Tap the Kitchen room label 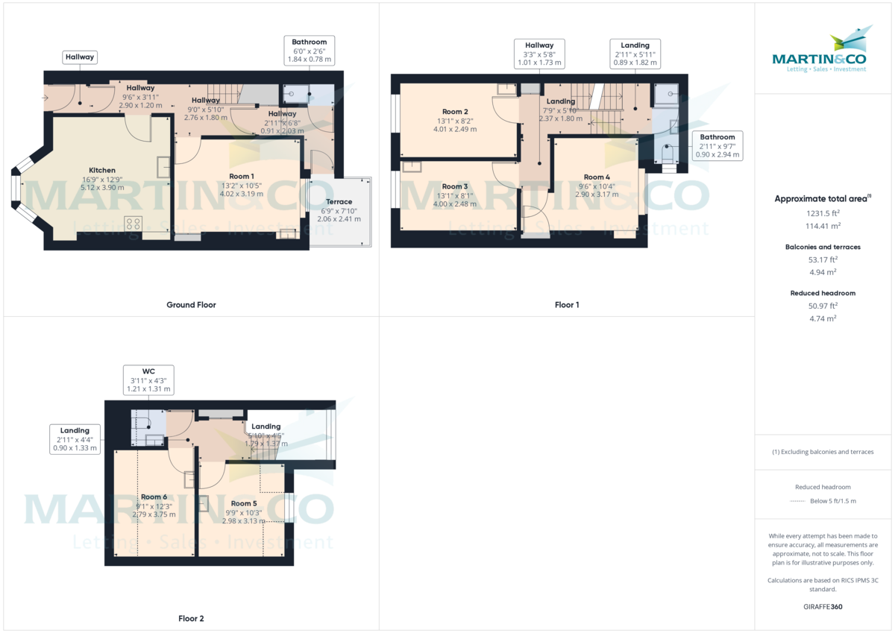[102, 170]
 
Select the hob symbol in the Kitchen [134, 224]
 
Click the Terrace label [339, 202]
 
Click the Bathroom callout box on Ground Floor [309, 51]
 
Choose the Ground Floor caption [191, 305]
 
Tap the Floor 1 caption [567, 305]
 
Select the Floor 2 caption [191, 619]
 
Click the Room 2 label [455, 112]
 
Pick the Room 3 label [455, 186]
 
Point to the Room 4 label [597, 177]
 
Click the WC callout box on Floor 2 [148, 380]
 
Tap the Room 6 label [154, 497]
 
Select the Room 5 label [244, 504]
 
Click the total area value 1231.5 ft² [824, 212]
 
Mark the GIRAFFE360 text [824, 607]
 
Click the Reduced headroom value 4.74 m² [824, 318]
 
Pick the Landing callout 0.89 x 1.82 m [635, 54]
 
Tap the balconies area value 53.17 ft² [824, 259]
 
